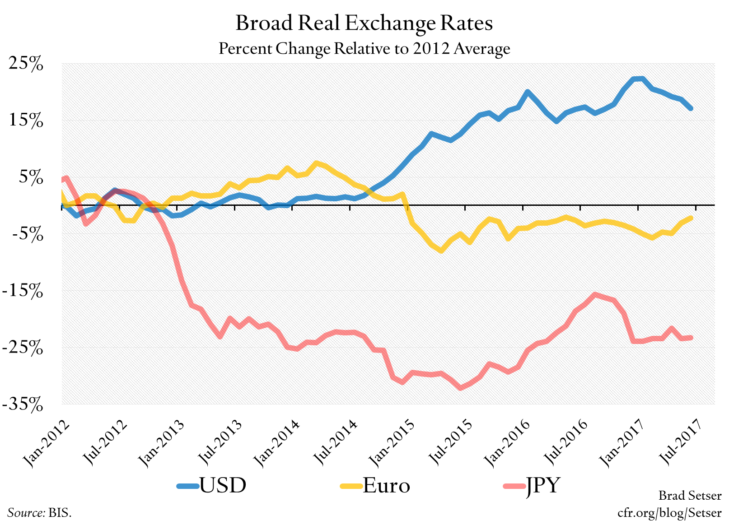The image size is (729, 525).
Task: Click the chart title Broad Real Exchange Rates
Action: tap(364, 23)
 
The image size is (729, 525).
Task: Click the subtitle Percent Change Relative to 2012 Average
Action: tap(364, 48)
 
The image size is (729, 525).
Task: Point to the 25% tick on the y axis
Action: tap(26, 64)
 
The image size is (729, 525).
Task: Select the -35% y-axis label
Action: tap(23, 404)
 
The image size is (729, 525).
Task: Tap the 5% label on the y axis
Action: tap(31, 177)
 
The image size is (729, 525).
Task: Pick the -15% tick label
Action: tap(23, 291)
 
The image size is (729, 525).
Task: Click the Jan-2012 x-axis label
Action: tap(47, 443)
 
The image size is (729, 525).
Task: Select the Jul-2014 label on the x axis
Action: tap(335, 442)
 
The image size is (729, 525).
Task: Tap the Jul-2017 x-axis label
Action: tap(680, 442)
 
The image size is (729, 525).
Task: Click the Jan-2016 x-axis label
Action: tap(507, 443)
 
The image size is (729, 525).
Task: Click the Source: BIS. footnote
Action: tap(39, 513)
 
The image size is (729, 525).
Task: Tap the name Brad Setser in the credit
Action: tap(690, 496)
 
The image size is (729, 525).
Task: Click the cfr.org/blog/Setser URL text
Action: tap(669, 513)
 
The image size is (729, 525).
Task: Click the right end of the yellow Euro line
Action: tap(691, 218)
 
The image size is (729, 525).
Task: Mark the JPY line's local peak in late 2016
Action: tap(595, 294)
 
